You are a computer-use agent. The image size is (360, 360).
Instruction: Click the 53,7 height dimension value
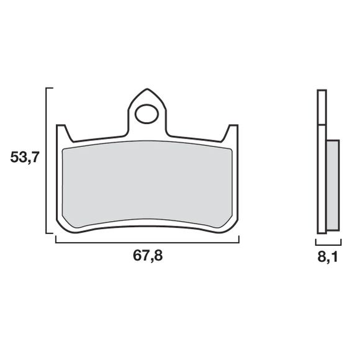point(24,158)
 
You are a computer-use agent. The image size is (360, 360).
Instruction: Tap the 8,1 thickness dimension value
point(328,254)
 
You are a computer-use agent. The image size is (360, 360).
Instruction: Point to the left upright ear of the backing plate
point(61,133)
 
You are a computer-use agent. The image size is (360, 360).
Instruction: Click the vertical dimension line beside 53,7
point(48,161)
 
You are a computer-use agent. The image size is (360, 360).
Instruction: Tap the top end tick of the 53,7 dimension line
point(50,89)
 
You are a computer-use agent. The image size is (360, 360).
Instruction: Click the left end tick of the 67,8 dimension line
point(56,239)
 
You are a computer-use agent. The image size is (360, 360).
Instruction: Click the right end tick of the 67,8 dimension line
point(240,239)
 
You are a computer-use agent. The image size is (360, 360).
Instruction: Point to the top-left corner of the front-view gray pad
point(66,147)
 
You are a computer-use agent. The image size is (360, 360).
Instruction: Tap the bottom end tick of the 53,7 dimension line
point(50,233)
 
